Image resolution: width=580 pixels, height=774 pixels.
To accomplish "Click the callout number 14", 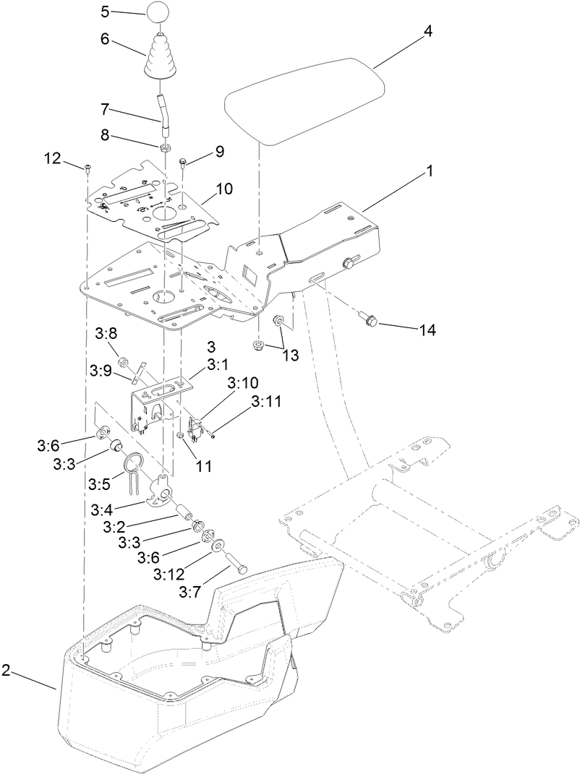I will tap(427, 330).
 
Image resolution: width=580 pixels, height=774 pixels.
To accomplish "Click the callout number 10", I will tap(224, 189).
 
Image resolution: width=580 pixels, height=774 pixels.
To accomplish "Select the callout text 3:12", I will tap(169, 575).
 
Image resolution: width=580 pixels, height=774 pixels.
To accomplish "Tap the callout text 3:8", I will tap(106, 334).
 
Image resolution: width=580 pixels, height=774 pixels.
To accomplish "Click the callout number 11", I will tap(204, 467).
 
